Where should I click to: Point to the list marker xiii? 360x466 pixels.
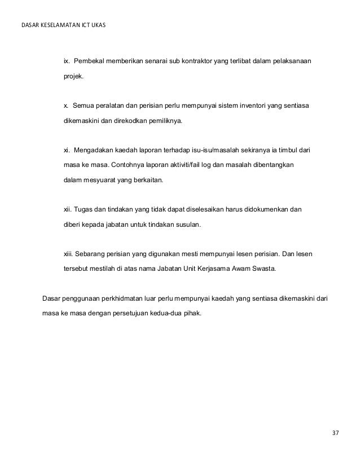point(68,254)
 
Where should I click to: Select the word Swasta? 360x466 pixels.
point(262,269)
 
